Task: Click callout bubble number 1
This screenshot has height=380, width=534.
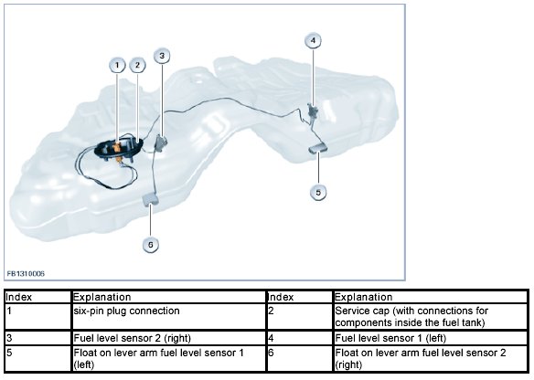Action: coord(117,65)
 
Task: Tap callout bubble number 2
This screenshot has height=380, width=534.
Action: coord(137,65)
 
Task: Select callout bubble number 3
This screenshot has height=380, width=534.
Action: coord(162,56)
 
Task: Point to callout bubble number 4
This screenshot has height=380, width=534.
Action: coord(313,40)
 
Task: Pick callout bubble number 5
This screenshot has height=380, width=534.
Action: coord(318,192)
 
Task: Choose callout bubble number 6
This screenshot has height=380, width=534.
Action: coord(151,245)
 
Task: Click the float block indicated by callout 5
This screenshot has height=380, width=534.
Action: coord(317,148)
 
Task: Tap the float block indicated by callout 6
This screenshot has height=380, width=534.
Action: coord(150,199)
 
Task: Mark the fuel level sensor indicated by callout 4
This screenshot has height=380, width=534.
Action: coord(312,111)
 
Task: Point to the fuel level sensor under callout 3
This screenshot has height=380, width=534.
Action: coord(161,142)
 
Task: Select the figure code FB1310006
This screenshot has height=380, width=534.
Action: coord(26,274)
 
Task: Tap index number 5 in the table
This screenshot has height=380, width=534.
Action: coord(9,353)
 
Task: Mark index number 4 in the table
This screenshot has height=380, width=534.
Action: coord(271,338)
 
